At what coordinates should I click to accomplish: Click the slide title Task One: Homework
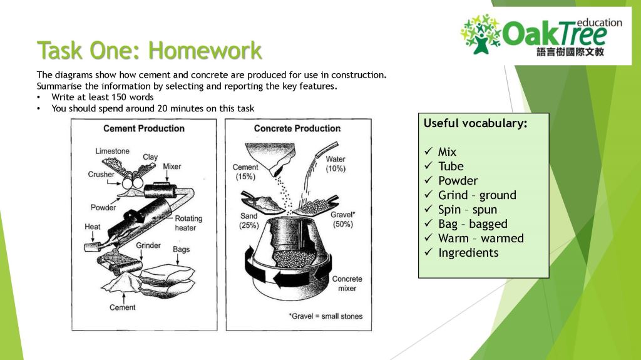point(149,50)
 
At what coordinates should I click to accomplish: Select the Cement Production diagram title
point(143,128)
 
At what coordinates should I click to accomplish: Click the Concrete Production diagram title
point(297,128)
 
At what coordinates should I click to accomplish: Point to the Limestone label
point(113,152)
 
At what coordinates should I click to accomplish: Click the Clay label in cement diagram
point(150,157)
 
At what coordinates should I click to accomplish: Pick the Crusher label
point(101,175)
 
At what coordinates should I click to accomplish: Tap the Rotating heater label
point(188,223)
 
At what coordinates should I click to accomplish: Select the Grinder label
point(148,245)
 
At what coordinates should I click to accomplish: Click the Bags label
point(181,249)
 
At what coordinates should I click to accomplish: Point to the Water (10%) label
point(336,164)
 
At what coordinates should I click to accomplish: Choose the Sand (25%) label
point(249,220)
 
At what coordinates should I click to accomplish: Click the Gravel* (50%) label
point(343,219)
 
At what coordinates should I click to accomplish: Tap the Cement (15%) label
point(245,172)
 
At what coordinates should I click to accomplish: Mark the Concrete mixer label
point(347,284)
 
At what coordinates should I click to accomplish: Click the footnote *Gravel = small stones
point(326,316)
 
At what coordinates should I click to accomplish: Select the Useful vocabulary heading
point(475,123)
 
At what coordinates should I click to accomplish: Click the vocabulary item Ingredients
point(468,253)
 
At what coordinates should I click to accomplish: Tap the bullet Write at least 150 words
point(103,97)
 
